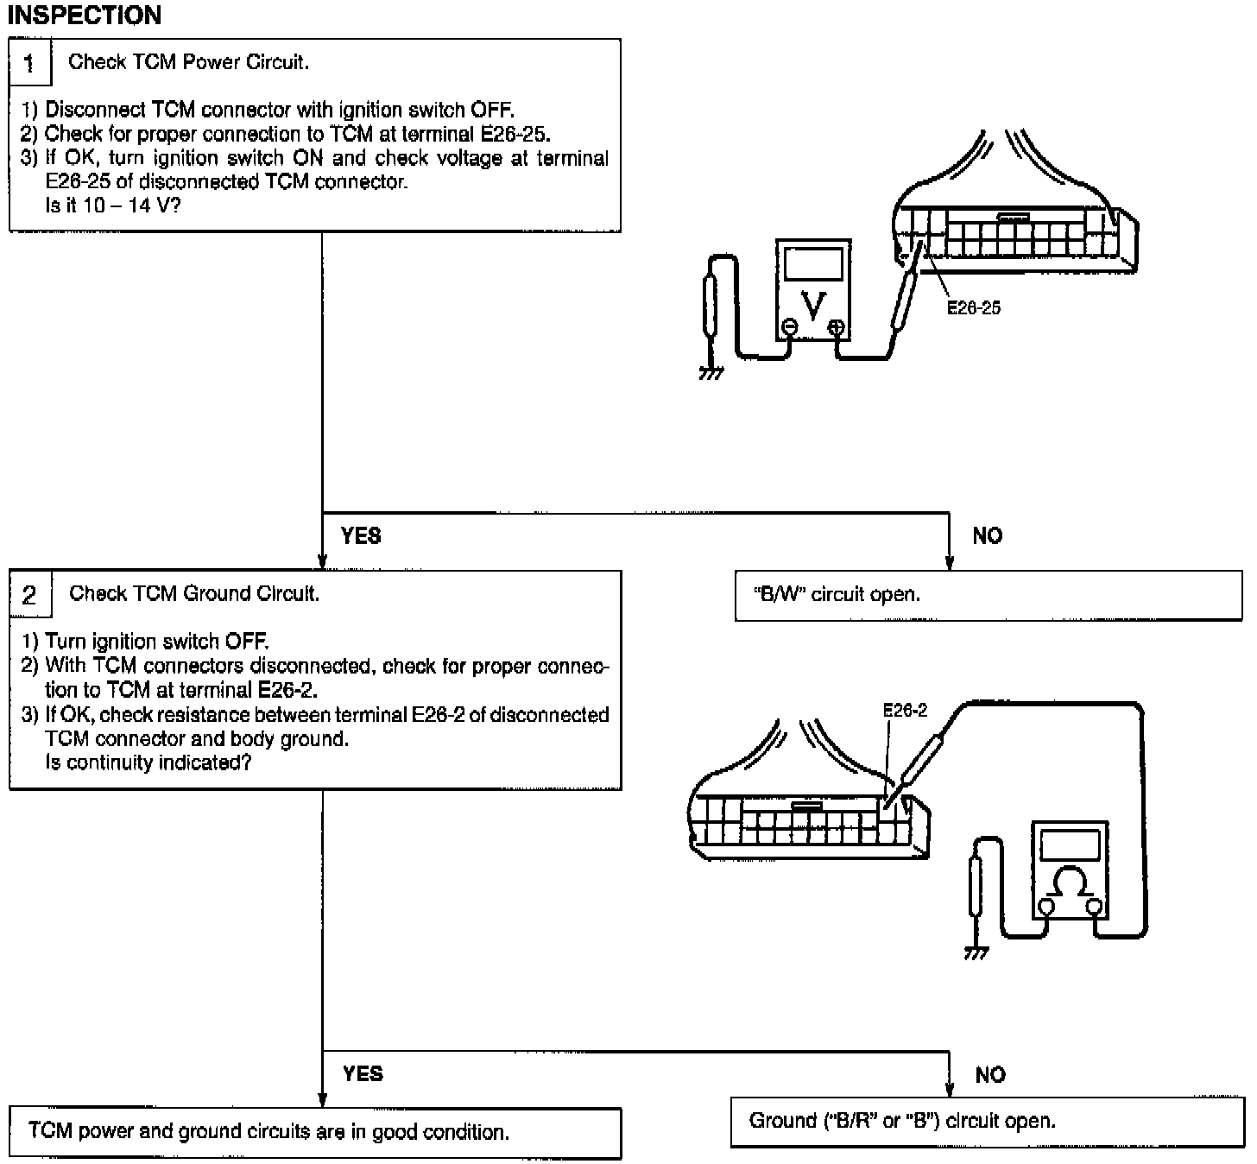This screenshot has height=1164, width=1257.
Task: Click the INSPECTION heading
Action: pos(84,16)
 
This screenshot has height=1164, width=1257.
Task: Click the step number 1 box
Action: pos(30,63)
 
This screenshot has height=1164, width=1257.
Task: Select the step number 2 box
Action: pos(30,595)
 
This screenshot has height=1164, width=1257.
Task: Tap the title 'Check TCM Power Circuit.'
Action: pos(188,62)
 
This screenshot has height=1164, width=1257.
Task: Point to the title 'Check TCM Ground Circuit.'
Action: pos(194,594)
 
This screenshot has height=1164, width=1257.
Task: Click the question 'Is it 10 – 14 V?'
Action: pos(112,206)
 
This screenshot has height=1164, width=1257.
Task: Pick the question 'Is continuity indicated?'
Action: pos(148,763)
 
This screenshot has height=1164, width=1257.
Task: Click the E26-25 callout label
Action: pos(973,308)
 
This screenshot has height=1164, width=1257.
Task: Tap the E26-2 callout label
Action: pos(905,710)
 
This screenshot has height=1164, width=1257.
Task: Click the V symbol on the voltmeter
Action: pos(813,303)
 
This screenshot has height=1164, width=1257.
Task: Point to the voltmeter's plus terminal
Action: pos(837,326)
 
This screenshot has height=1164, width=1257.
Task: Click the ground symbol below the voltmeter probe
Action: pos(711,373)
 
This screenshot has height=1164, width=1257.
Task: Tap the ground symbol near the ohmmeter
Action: pos(976,952)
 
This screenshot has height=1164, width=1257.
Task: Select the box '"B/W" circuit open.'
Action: pos(988,595)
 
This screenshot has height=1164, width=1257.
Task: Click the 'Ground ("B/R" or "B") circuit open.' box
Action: pos(988,1122)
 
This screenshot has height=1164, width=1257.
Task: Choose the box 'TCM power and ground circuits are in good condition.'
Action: pos(315,1133)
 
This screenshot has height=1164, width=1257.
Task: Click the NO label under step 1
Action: pos(988,536)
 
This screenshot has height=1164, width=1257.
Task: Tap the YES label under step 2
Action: pos(363,1073)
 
